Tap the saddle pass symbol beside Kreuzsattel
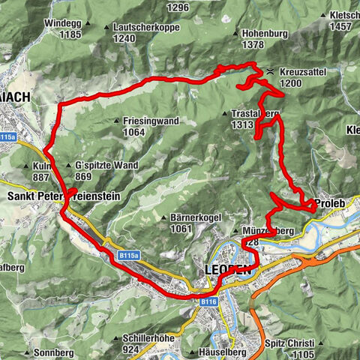tap(270, 71)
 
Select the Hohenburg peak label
tap(265, 33)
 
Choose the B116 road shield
tap(208, 301)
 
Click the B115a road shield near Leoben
tap(127, 256)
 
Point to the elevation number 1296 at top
tap(178, 7)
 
